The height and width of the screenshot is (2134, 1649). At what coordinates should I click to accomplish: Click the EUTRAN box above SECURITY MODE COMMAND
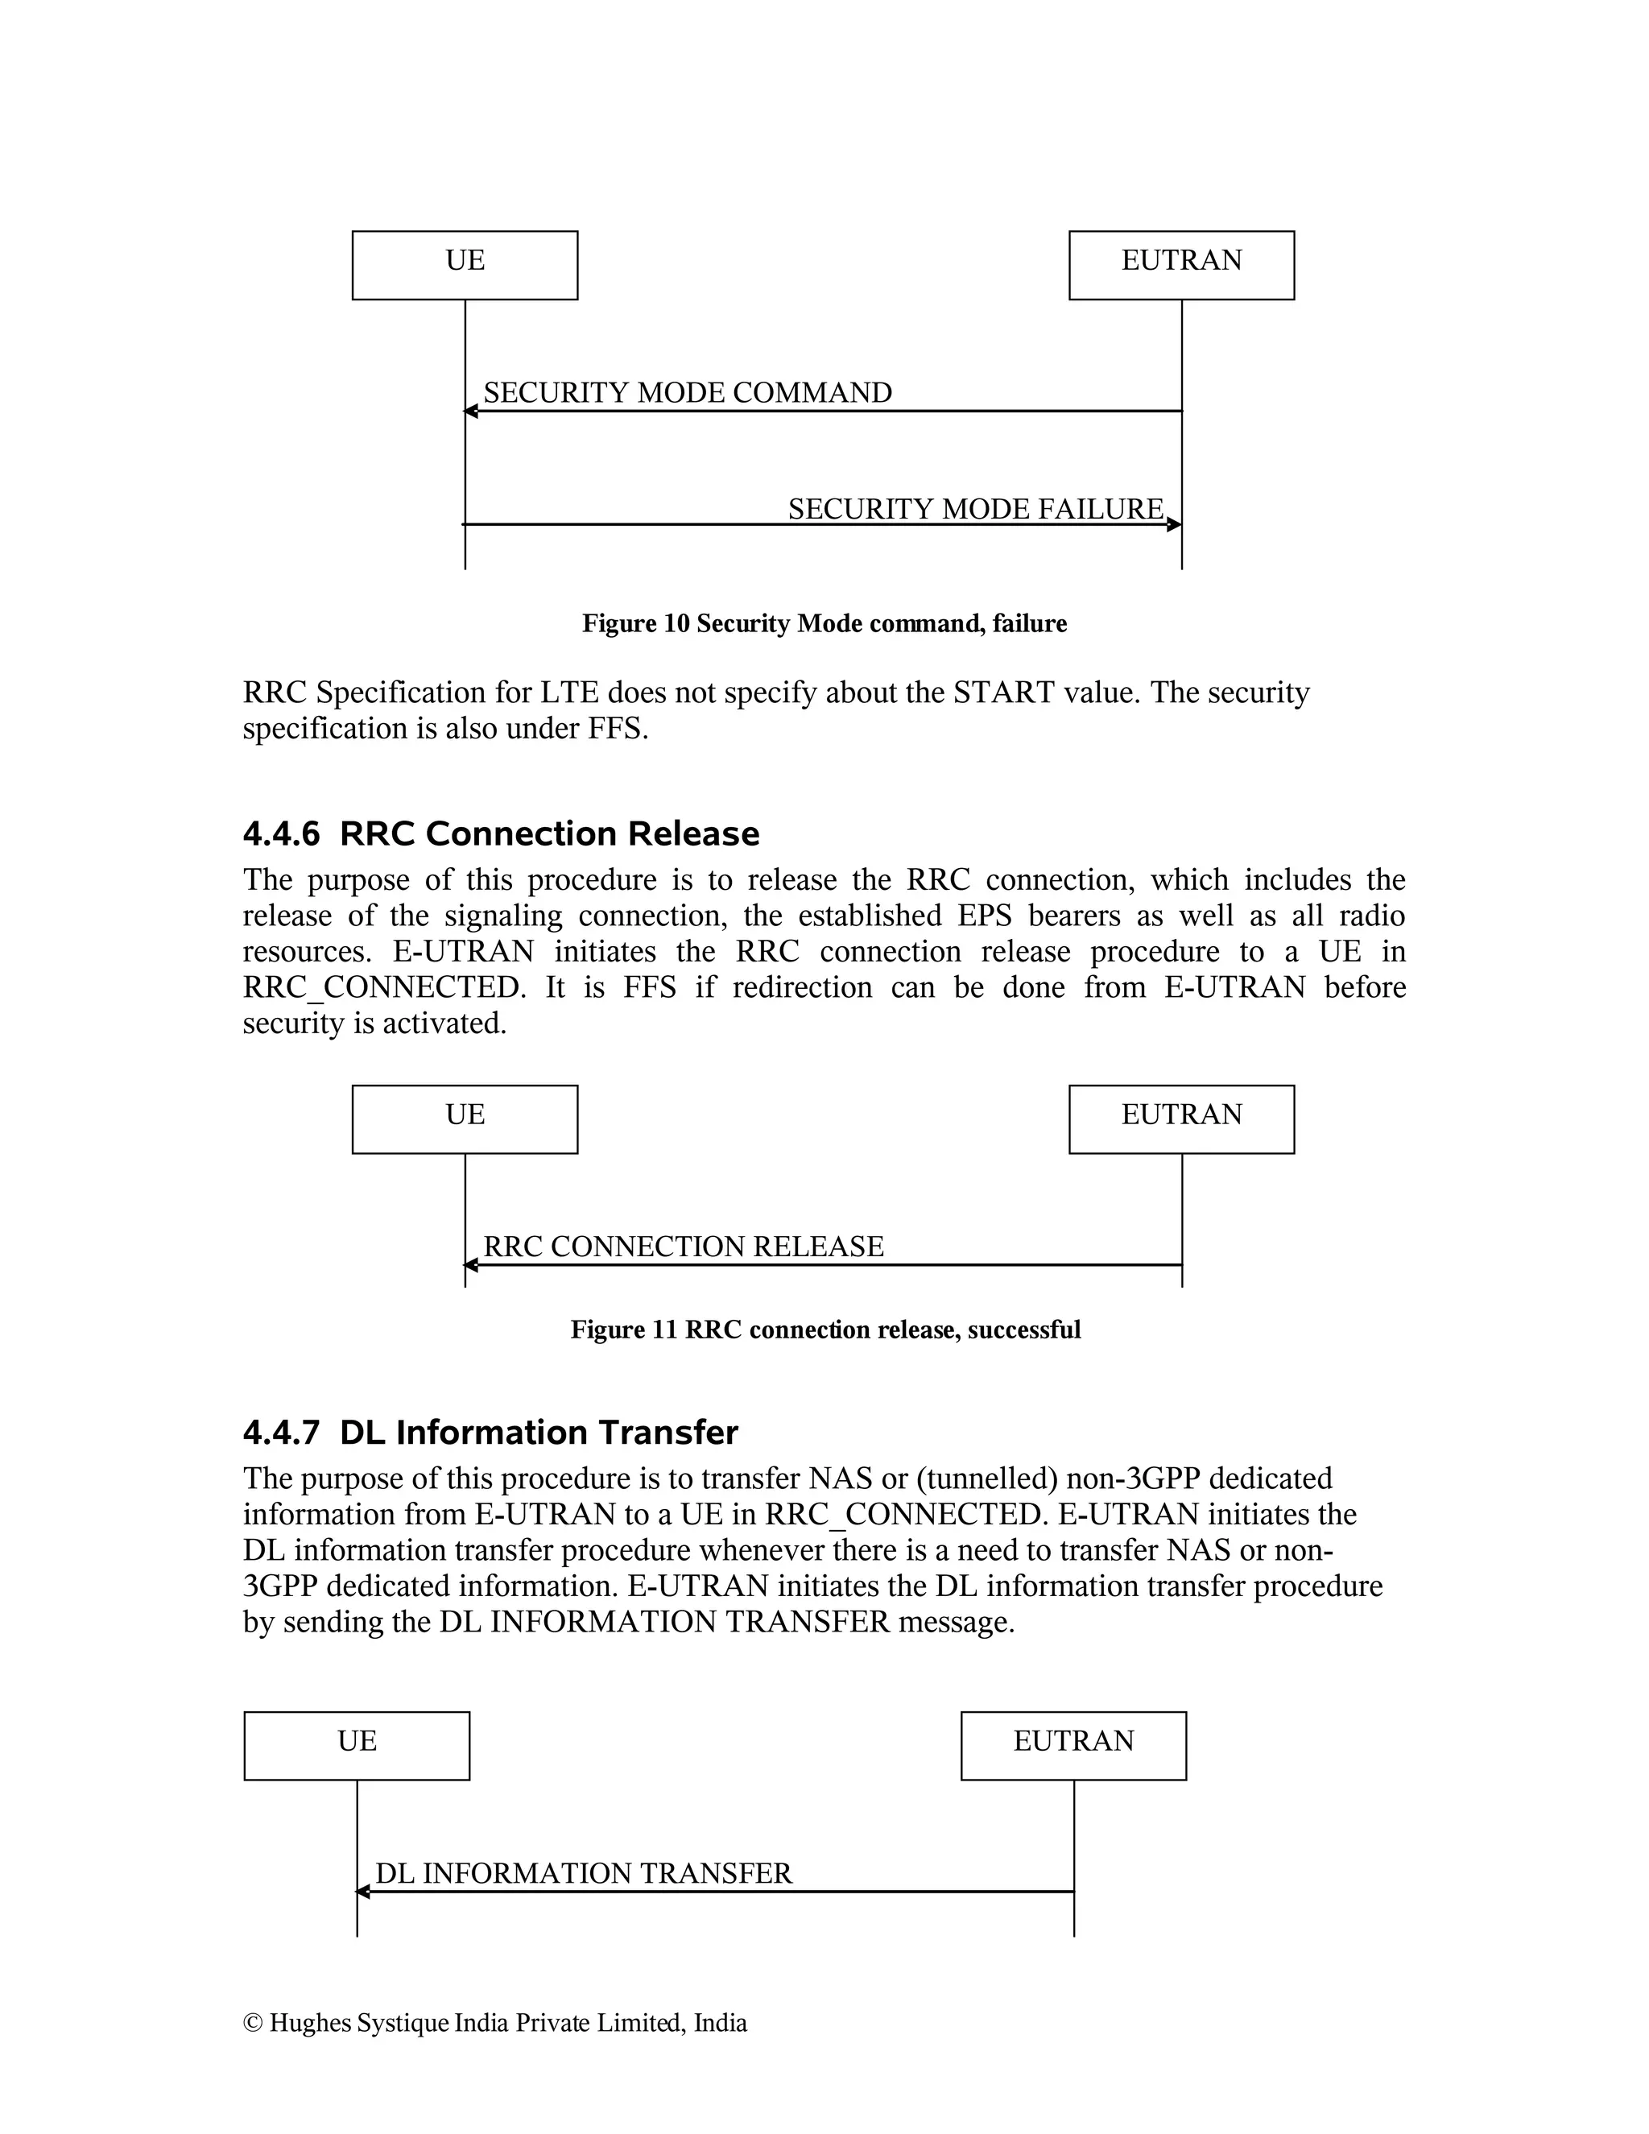pos(1181,265)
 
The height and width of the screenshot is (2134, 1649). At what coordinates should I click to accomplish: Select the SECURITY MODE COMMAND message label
pos(687,393)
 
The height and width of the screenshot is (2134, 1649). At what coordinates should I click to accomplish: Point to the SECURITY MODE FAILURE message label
pos(975,509)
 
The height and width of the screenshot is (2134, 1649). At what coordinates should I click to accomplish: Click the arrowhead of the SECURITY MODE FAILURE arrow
pos(1174,525)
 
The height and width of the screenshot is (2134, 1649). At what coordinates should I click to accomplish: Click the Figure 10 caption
pos(824,623)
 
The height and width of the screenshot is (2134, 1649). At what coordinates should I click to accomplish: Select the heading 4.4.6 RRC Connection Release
pos(500,833)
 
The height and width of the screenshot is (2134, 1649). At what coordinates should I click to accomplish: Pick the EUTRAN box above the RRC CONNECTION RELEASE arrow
pos(1181,1119)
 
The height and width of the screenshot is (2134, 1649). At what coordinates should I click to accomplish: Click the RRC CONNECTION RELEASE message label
pos(683,1247)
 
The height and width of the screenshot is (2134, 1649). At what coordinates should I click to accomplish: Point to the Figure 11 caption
pos(825,1330)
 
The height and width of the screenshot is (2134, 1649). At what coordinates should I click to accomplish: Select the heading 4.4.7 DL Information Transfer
pos(490,1433)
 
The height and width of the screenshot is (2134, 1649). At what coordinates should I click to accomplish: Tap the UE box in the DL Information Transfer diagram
pos(357,1745)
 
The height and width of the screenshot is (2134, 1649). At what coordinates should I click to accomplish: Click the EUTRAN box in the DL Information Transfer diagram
pos(1072,1745)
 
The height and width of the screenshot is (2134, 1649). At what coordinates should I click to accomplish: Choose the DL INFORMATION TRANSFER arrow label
pos(583,1873)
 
